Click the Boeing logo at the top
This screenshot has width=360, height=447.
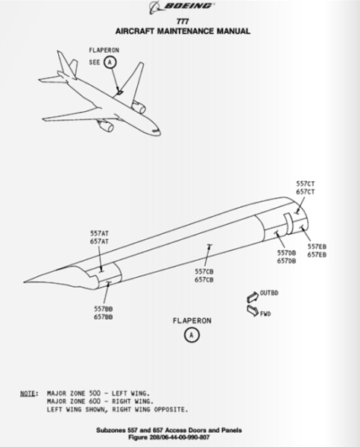(182, 7)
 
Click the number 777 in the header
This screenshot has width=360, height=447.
(183, 22)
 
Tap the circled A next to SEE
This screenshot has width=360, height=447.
(110, 62)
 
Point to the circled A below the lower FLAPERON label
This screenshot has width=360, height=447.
(192, 335)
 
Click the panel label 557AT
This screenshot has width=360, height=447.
(100, 233)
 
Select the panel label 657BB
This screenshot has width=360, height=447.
(104, 317)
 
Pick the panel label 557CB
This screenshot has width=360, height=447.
(204, 272)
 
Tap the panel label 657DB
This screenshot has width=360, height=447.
(286, 261)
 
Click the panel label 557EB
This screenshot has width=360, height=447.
(317, 247)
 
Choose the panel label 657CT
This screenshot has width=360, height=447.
(306, 192)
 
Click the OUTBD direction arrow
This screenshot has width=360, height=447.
(253, 297)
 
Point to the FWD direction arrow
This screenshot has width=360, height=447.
(253, 311)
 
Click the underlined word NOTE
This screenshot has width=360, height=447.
(28, 393)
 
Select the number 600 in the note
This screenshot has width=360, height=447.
(95, 402)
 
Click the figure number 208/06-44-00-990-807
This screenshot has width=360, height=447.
(180, 437)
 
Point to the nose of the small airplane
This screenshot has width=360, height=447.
(160, 133)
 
